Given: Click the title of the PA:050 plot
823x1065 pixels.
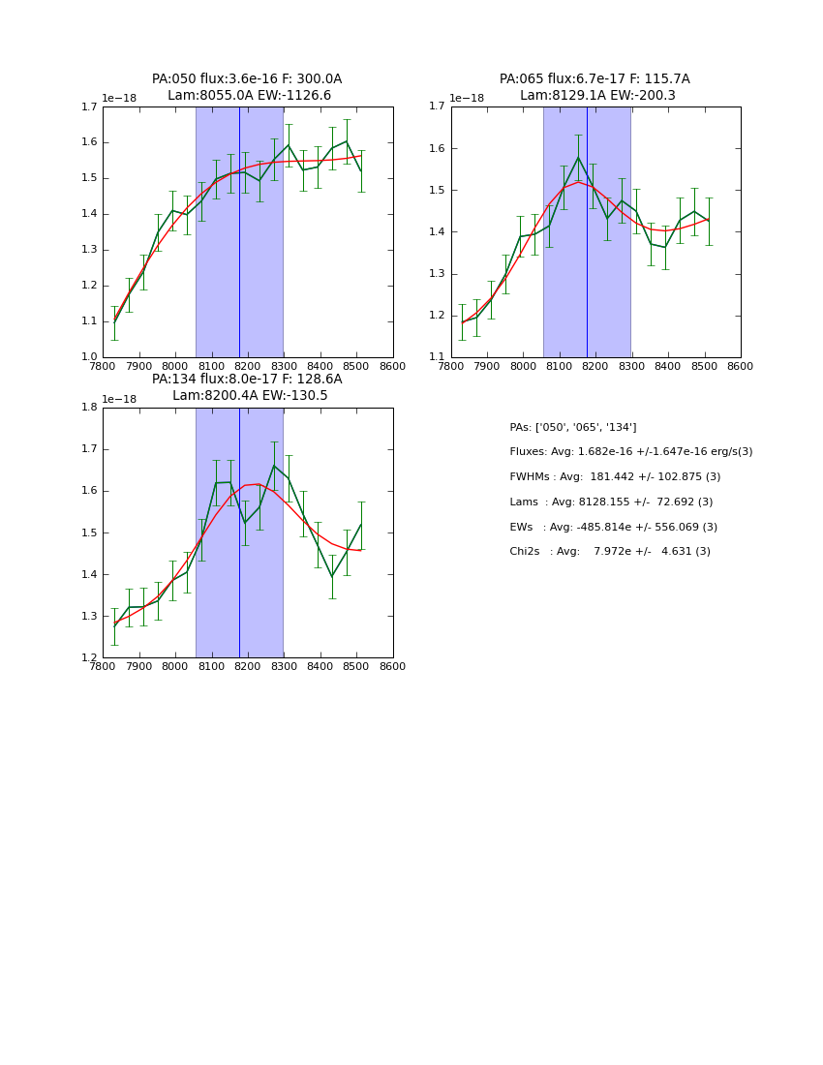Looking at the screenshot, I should [247, 79].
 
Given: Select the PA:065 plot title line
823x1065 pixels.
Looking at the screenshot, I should [594, 79].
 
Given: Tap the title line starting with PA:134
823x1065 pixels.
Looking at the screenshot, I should [247, 380].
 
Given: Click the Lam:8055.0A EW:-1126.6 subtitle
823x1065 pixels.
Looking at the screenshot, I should [249, 96].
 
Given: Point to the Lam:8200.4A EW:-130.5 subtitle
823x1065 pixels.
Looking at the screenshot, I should [250, 396].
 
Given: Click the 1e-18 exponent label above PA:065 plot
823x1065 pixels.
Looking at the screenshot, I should [467, 98].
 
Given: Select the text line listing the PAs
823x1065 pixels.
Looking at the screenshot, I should [573, 428].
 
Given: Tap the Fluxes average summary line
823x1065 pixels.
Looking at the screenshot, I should [630, 452].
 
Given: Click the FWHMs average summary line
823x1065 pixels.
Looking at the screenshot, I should [615, 477].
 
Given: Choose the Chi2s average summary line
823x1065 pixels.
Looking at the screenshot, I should [610, 552].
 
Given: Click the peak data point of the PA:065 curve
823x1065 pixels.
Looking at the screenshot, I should [578, 158].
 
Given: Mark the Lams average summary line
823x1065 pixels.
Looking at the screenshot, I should [611, 502].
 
